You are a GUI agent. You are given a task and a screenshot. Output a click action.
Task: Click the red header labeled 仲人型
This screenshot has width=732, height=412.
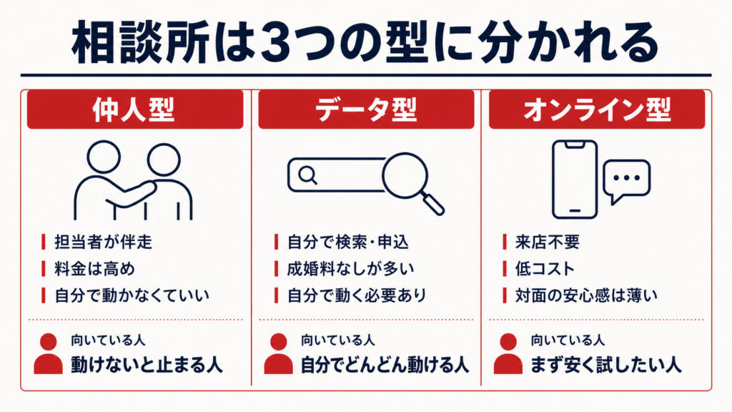pyautogui.click(x=135, y=109)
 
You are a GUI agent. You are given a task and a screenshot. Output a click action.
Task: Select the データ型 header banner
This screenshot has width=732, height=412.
pyautogui.click(x=366, y=109)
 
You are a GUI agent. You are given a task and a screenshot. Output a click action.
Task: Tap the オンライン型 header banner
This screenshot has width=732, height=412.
pyautogui.click(x=597, y=109)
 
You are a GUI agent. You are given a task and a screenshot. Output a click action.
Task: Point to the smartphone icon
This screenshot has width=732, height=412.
pyautogui.click(x=575, y=180)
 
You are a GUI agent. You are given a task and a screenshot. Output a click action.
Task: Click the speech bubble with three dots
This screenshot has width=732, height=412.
pyautogui.click(x=626, y=181)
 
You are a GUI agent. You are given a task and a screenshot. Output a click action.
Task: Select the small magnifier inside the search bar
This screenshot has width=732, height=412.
pyautogui.click(x=307, y=176)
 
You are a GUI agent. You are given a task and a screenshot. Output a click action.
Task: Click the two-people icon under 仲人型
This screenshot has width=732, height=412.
pyautogui.click(x=133, y=180)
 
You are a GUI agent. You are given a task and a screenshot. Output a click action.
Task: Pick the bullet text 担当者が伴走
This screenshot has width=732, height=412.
pyautogui.click(x=103, y=242)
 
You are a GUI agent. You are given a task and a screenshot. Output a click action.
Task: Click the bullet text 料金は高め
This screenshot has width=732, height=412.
pyautogui.click(x=95, y=269)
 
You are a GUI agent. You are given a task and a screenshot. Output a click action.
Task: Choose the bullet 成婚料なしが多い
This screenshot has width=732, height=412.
pyautogui.click(x=350, y=269)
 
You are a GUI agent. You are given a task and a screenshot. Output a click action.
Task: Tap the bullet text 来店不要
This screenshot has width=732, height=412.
pyautogui.click(x=547, y=242)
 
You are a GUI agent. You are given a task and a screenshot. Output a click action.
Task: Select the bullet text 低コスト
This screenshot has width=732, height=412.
pyautogui.click(x=545, y=269)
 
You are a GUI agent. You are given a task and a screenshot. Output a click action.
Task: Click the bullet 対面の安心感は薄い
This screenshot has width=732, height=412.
pyautogui.click(x=586, y=295)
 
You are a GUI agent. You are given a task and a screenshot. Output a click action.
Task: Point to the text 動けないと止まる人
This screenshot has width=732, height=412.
pyautogui.click(x=147, y=365)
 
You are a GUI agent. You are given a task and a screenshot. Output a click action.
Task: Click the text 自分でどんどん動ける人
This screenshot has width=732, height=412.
pyautogui.click(x=384, y=365)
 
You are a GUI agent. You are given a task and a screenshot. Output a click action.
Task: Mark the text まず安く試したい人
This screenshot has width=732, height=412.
pyautogui.click(x=606, y=365)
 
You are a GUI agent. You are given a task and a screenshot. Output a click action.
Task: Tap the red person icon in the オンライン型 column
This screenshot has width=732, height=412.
pyautogui.click(x=508, y=353)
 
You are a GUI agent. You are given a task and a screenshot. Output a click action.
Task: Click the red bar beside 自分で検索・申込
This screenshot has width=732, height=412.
pyautogui.click(x=277, y=242)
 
